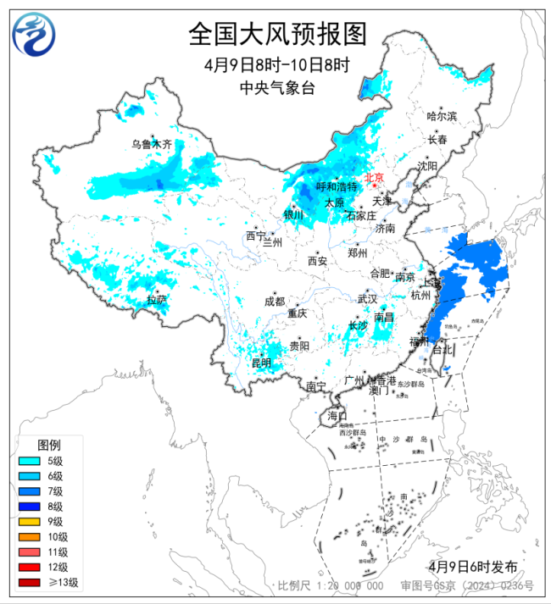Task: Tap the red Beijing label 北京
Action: [374, 178]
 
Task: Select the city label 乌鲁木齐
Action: [151, 145]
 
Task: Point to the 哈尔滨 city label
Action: [442, 116]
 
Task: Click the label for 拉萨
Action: [156, 300]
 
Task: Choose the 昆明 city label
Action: [261, 363]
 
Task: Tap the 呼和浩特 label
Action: [337, 186]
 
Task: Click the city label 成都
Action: [274, 302]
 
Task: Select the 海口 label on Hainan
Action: [337, 416]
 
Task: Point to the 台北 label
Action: [442, 349]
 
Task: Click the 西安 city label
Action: [317, 262]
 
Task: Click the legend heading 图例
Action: [48, 445]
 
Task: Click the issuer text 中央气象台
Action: [276, 88]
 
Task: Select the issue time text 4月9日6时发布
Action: [472, 566]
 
